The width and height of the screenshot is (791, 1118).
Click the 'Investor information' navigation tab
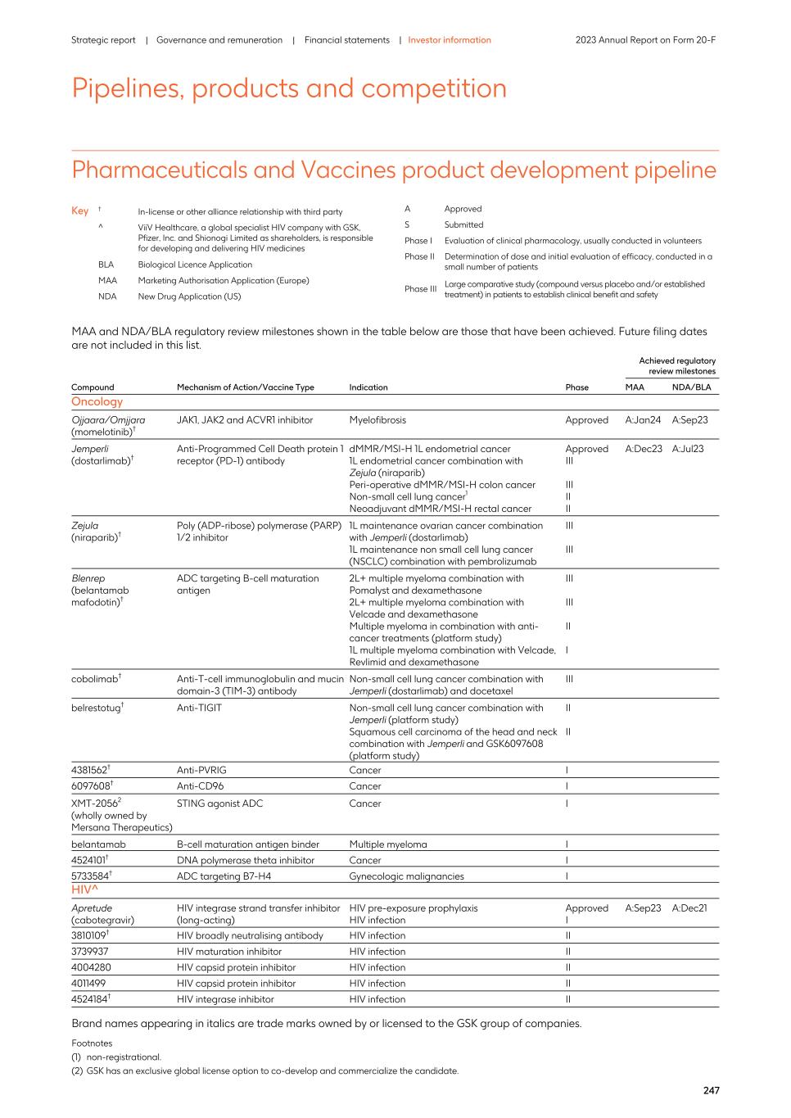(450, 40)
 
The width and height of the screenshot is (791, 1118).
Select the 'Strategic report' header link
(103, 40)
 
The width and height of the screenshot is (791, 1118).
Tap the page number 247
(711, 1090)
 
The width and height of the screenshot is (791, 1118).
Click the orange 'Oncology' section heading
(97, 402)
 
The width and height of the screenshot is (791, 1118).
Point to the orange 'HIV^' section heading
(84, 889)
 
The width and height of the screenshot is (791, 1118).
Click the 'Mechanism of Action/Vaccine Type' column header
(245, 387)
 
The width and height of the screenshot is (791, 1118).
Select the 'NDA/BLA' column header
(691, 387)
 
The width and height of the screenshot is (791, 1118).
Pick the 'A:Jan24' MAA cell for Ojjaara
(643, 420)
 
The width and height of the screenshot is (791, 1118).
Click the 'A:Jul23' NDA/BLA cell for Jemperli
(688, 449)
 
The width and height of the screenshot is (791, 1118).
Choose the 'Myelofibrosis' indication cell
(377, 420)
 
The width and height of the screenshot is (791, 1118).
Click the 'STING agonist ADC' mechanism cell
(219, 803)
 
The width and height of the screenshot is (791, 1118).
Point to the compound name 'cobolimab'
(94, 679)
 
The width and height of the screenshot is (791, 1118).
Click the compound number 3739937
(89, 952)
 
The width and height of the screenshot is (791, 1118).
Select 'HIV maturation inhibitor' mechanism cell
(228, 952)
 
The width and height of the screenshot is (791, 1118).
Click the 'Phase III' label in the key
(420, 289)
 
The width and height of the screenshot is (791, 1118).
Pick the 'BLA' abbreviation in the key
(106, 265)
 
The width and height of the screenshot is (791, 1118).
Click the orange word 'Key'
(79, 211)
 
